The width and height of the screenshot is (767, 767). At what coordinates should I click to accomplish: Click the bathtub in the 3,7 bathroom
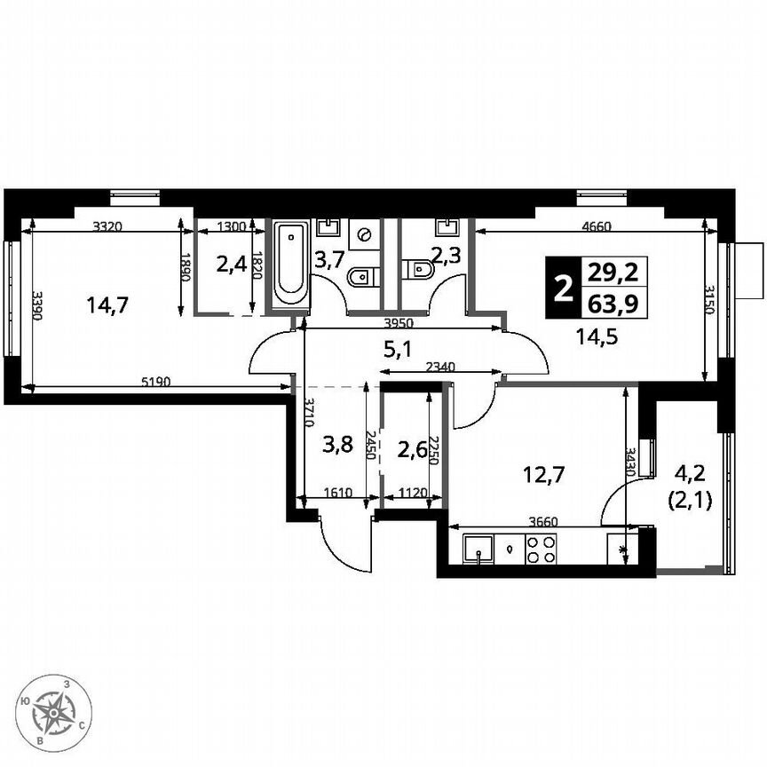click(x=290, y=263)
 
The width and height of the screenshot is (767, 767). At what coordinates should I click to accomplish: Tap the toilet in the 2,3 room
click(x=415, y=268)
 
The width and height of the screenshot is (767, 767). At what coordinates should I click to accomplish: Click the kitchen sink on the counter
click(x=478, y=550)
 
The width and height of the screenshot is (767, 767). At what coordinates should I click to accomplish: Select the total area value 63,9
click(x=613, y=304)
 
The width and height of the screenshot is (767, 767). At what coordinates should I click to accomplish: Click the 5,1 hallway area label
click(x=395, y=350)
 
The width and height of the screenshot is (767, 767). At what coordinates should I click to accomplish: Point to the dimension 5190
click(x=156, y=383)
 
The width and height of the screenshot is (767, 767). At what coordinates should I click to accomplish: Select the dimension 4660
click(x=596, y=226)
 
